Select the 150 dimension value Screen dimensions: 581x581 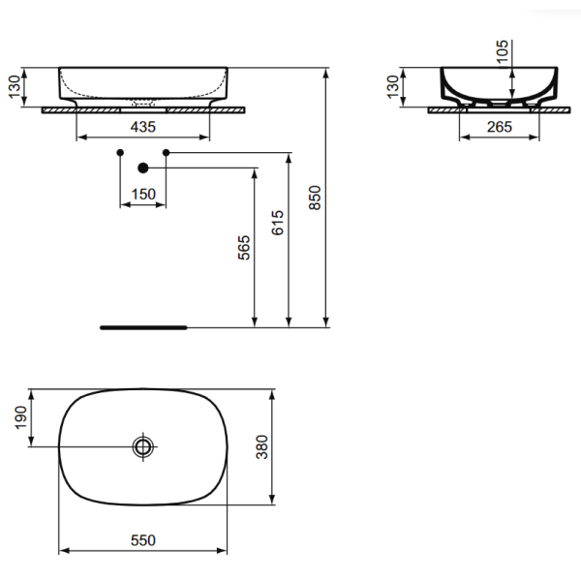(x=143, y=194)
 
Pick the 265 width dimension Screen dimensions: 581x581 (x=500, y=127)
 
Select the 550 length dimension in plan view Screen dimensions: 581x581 (x=142, y=539)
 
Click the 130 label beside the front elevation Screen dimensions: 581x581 (x=13, y=87)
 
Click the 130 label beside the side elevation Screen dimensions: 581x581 (x=392, y=87)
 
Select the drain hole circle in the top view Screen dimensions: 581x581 (x=143, y=446)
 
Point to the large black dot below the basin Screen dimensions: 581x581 (x=142, y=168)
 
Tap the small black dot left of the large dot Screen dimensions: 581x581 (x=119, y=153)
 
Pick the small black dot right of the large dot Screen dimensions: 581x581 (x=166, y=153)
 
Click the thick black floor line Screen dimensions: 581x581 (x=141, y=327)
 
